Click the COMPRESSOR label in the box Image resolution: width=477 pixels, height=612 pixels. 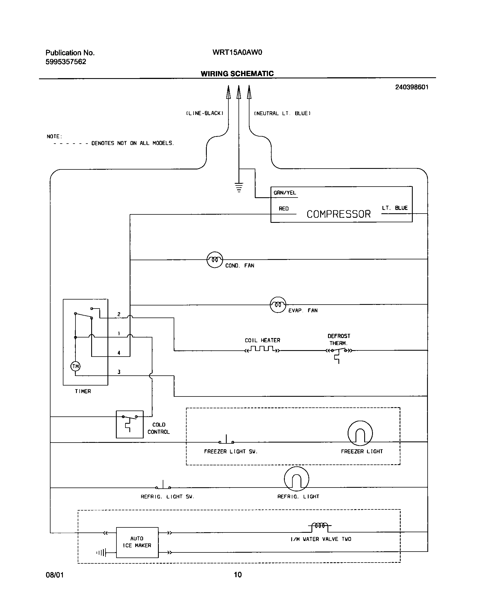click(338, 214)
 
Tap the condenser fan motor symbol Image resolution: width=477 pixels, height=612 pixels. click(215, 260)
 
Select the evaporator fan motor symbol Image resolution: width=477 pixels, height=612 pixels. click(278, 305)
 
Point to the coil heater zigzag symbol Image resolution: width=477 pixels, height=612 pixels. click(262, 349)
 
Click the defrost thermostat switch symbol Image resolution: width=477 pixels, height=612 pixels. click(339, 351)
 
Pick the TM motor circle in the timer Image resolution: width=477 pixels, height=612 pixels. click(75, 366)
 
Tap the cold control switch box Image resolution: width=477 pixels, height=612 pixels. click(130, 424)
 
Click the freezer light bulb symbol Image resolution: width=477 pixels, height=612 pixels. click(360, 433)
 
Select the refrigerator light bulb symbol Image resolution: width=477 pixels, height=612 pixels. click(296, 479)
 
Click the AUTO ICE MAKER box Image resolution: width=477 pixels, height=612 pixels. click(137, 542)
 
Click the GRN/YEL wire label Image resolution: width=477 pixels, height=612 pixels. click(285, 193)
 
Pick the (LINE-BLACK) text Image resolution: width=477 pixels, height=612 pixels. click(205, 113)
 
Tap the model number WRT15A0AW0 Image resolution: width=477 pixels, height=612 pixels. click(237, 52)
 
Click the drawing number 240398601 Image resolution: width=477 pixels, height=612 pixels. click(412, 87)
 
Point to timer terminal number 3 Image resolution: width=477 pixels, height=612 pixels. click(119, 372)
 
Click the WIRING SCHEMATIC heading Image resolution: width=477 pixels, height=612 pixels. click(237, 74)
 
